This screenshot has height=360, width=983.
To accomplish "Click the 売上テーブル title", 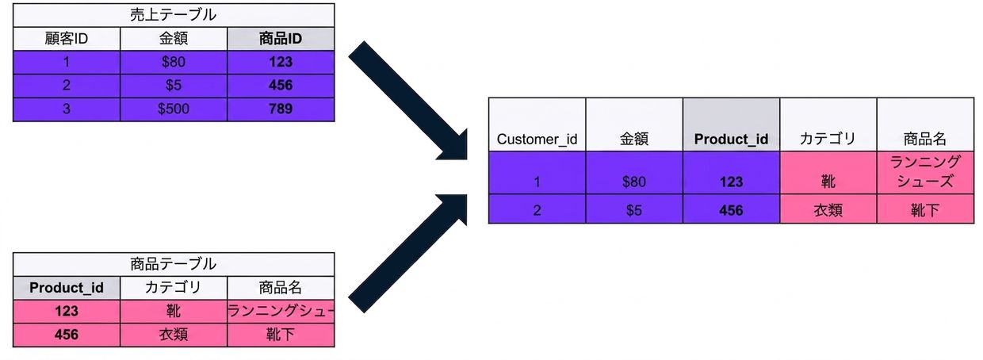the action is [x=174, y=15].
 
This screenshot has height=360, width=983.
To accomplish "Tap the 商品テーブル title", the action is [x=174, y=264].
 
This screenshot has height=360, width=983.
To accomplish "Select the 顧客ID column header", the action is [x=67, y=39].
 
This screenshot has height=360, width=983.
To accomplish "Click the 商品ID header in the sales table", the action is [x=281, y=39].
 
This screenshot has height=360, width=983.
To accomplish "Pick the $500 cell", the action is [x=174, y=109].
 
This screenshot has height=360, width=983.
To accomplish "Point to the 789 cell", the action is [x=281, y=109].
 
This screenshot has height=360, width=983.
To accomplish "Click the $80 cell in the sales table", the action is [x=174, y=62].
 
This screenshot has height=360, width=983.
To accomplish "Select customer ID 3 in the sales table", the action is [x=67, y=109].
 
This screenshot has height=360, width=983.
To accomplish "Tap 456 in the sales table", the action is [x=281, y=85].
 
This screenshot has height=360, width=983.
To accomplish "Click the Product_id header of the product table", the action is [x=67, y=288].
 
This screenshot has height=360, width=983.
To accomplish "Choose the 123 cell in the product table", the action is [x=67, y=312].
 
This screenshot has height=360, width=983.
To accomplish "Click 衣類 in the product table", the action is [x=174, y=335].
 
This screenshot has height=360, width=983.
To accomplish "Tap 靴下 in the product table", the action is [x=281, y=335].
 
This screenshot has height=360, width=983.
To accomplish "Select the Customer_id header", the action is [x=537, y=140].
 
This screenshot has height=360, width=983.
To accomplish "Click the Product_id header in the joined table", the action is [x=731, y=140].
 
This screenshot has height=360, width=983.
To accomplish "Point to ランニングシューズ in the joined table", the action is [x=925, y=171].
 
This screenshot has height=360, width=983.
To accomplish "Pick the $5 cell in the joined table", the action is [x=633, y=210].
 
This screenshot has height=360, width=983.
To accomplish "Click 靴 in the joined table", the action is [x=828, y=182].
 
